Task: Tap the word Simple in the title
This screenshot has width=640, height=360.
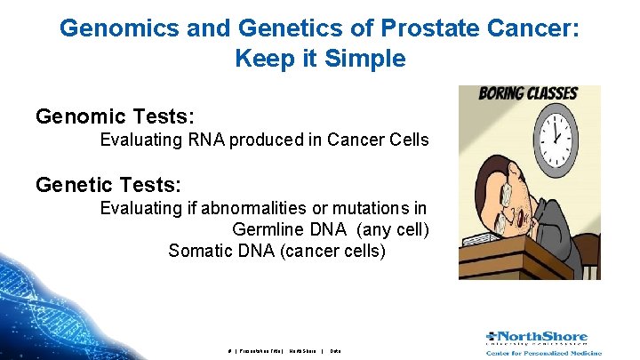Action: coord(367,59)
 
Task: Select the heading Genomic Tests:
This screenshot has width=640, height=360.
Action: coord(115,116)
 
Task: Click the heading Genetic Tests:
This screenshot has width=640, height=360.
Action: coord(108,185)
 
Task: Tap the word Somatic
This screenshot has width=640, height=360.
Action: coord(201,251)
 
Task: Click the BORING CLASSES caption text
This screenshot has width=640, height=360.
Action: coord(528,92)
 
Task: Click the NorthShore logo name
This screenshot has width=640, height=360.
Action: coord(542,338)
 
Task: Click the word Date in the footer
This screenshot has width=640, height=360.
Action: coord(335,351)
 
